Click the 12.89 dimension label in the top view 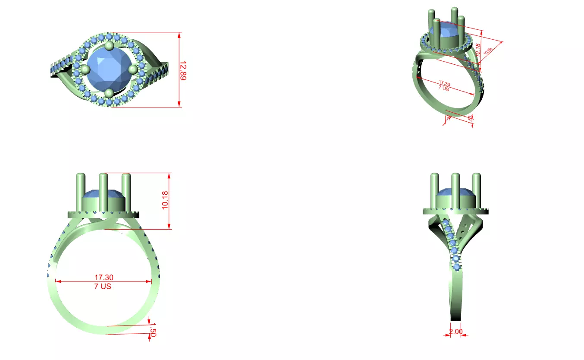click(x=183, y=70)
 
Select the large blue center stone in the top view click(x=109, y=69)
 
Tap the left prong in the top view click(x=85, y=69)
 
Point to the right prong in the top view click(x=133, y=69)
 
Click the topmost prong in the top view click(x=109, y=46)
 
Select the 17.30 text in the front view click(x=104, y=278)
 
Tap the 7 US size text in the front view click(x=103, y=286)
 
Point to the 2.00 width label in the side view click(x=456, y=332)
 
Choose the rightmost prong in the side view click(x=477, y=190)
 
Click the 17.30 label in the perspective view click(x=444, y=83)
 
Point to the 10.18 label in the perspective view click(x=477, y=51)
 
